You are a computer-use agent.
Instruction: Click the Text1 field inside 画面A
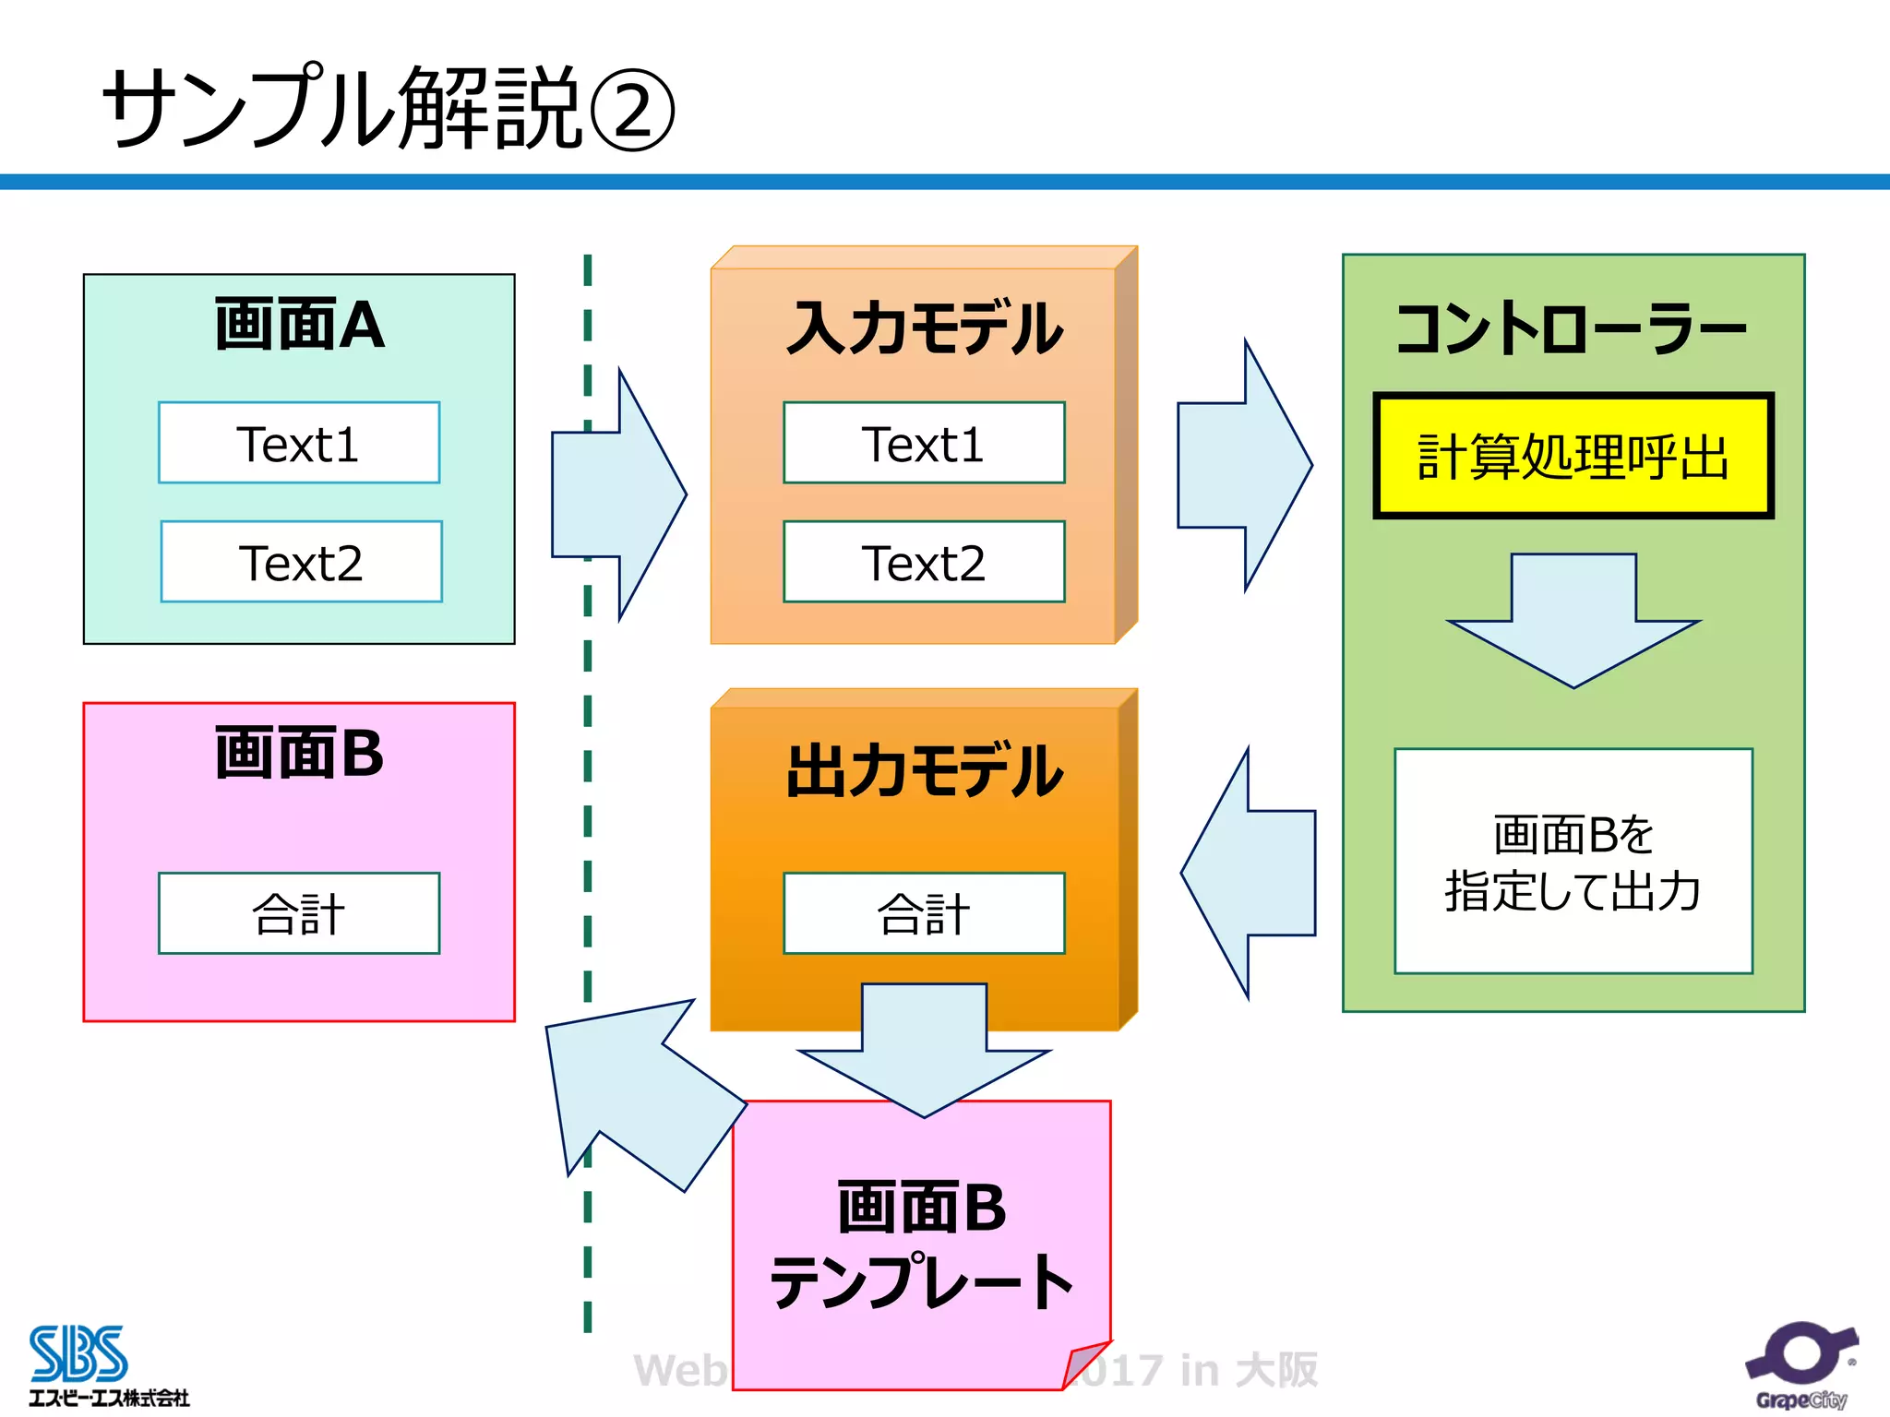299,443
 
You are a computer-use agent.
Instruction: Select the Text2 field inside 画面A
301,562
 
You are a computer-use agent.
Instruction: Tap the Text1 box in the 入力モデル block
924,443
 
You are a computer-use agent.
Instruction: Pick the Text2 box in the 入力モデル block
924,562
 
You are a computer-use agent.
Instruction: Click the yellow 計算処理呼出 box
1573,456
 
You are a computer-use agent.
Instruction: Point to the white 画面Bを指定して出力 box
1573,861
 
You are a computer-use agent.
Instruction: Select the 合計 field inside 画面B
299,913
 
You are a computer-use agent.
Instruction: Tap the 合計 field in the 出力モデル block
924,913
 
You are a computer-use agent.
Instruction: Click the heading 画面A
299,325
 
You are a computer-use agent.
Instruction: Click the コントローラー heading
1572,328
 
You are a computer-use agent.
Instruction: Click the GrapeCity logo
1800,1366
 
